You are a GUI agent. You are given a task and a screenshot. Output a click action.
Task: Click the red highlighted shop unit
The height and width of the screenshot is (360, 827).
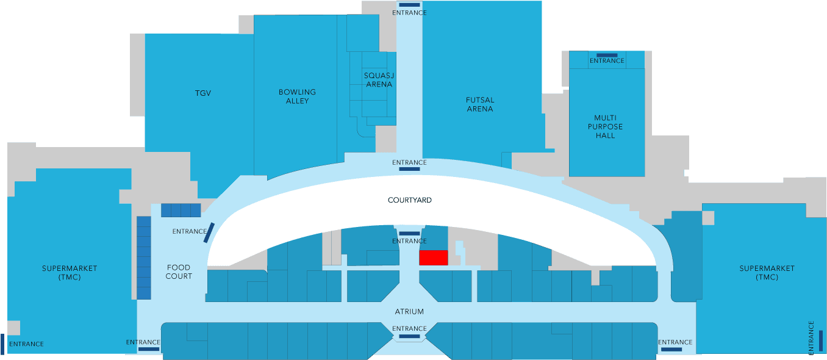(434, 257)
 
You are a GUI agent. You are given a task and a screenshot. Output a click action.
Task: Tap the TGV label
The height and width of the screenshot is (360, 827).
(203, 93)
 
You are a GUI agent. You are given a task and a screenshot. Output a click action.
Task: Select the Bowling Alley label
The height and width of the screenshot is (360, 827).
(298, 96)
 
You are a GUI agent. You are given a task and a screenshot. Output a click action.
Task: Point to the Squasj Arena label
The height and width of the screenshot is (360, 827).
(379, 80)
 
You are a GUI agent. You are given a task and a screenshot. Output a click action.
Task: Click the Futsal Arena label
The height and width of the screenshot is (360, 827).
(480, 104)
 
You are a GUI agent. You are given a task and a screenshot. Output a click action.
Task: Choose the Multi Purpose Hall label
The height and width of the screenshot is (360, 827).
(608, 127)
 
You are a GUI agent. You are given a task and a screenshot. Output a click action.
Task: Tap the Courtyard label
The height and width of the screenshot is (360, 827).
(410, 200)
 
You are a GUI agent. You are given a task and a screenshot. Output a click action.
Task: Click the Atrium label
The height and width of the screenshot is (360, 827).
(409, 312)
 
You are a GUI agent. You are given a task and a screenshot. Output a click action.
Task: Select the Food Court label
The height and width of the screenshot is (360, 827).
(179, 272)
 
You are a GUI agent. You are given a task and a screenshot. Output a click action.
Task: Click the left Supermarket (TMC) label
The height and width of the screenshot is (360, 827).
(70, 273)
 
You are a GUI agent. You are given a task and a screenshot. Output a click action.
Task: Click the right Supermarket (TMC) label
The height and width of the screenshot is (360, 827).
(767, 273)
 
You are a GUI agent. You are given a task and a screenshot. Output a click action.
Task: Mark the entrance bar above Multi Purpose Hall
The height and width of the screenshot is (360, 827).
(607, 55)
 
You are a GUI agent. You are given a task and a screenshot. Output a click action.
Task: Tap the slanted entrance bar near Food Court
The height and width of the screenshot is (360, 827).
(209, 232)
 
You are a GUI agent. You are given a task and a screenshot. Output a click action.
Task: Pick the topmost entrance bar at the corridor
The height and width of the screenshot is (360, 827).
(409, 5)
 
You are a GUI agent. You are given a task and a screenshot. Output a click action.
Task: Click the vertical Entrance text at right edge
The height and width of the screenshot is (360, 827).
(811, 338)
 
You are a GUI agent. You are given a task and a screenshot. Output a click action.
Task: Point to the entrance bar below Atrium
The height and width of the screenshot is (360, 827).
(409, 336)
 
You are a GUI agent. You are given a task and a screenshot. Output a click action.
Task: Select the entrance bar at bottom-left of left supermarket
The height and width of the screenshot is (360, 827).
(2, 344)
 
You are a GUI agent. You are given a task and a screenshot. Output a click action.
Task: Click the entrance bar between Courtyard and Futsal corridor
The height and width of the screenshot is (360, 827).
(409, 169)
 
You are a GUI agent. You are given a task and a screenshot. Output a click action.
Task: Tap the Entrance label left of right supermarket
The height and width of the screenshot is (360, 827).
(675, 342)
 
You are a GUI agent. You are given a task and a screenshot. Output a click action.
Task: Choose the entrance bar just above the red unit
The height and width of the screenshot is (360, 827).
(409, 234)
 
